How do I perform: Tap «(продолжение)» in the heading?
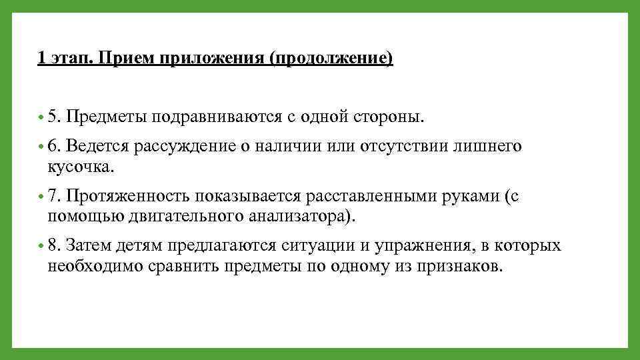331,59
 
